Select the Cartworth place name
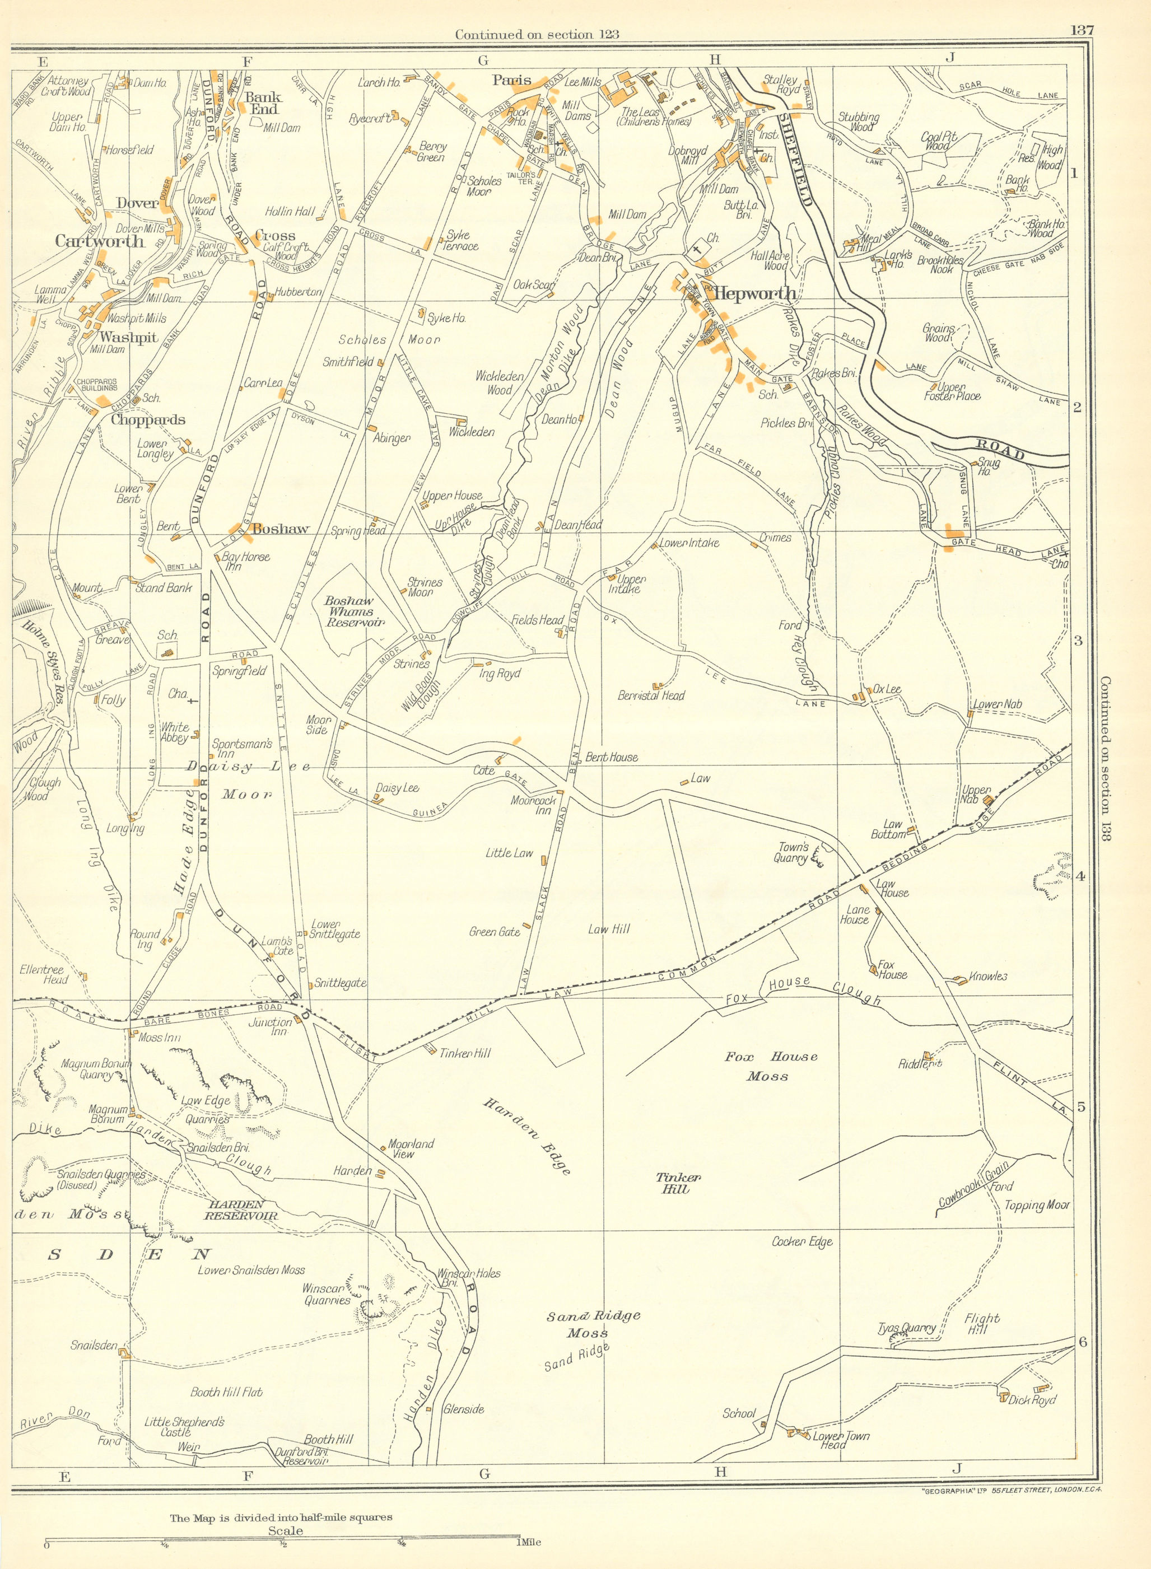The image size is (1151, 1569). tap(100, 241)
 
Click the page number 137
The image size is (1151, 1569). tap(1080, 30)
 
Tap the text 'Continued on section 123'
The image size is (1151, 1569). tap(537, 34)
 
